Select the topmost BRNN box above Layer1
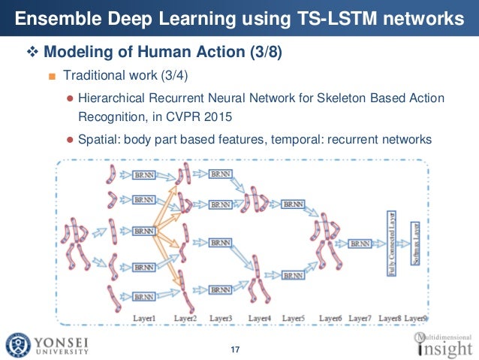(143, 174)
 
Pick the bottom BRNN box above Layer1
(143, 297)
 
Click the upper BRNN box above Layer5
(293, 204)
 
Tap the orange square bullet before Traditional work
(52, 77)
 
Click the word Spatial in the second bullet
(97, 139)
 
